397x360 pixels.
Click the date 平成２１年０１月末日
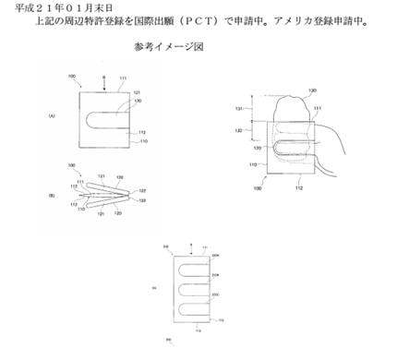coord(51,7)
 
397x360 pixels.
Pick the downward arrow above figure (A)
coord(104,81)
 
